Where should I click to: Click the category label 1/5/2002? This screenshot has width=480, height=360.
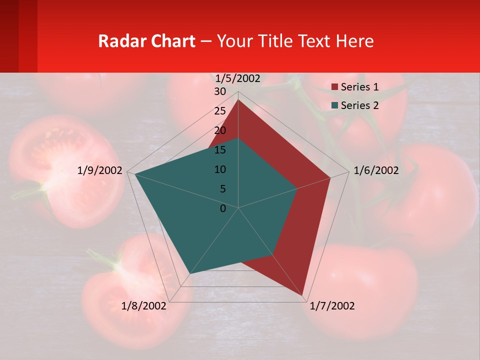(237, 78)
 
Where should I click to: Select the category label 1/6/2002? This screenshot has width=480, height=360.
(376, 170)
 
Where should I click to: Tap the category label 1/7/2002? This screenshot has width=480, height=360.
(332, 306)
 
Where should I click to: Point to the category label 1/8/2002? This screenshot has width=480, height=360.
(143, 306)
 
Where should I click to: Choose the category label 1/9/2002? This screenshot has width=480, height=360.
(99, 170)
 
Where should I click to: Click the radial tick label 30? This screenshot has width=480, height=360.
(220, 91)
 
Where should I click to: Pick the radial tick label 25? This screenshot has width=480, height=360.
(220, 111)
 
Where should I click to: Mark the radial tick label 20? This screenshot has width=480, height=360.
(220, 130)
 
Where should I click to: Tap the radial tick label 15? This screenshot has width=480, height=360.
(220, 150)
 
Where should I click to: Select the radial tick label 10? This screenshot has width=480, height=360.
(220, 169)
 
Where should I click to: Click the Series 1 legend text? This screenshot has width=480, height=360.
(359, 87)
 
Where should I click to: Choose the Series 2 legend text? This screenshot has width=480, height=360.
(359, 105)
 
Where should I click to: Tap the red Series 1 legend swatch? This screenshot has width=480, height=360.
(335, 87)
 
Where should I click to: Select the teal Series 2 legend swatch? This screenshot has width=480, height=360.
(335, 105)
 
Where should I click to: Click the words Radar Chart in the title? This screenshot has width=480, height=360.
(146, 41)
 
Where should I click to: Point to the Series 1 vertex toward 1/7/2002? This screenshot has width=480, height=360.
(303, 295)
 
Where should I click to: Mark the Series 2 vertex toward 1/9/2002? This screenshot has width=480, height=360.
(135, 174)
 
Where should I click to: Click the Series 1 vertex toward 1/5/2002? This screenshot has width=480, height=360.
(238, 100)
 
